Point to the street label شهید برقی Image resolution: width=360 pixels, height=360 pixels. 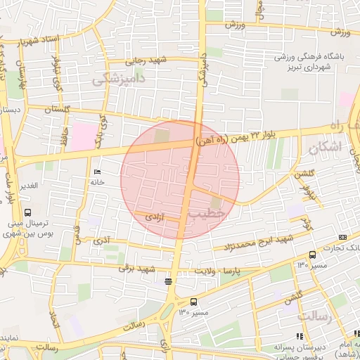[136, 269]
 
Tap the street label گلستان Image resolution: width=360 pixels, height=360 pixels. [59, 110]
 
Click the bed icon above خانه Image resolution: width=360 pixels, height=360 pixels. [97, 171]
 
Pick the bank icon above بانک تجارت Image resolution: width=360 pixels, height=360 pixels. [342, 237]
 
